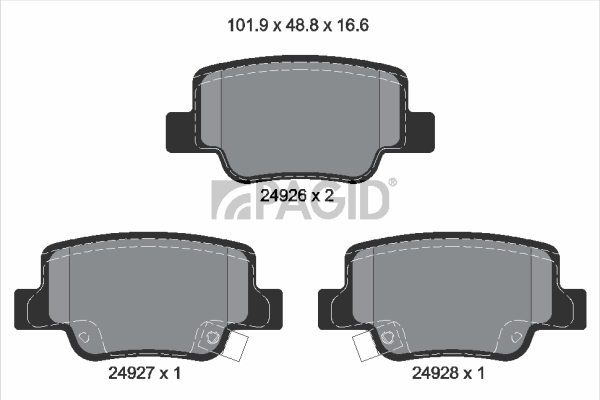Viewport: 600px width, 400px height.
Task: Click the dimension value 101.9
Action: [x=246, y=26]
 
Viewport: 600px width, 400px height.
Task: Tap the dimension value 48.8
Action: [x=300, y=26]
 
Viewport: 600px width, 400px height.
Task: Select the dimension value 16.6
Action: [x=352, y=26]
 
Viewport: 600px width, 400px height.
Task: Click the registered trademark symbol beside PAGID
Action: [x=393, y=183]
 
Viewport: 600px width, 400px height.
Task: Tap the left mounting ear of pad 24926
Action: [x=179, y=132]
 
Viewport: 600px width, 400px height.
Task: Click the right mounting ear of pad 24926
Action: [x=421, y=132]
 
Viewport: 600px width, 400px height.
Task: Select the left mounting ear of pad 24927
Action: [x=27, y=309]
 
